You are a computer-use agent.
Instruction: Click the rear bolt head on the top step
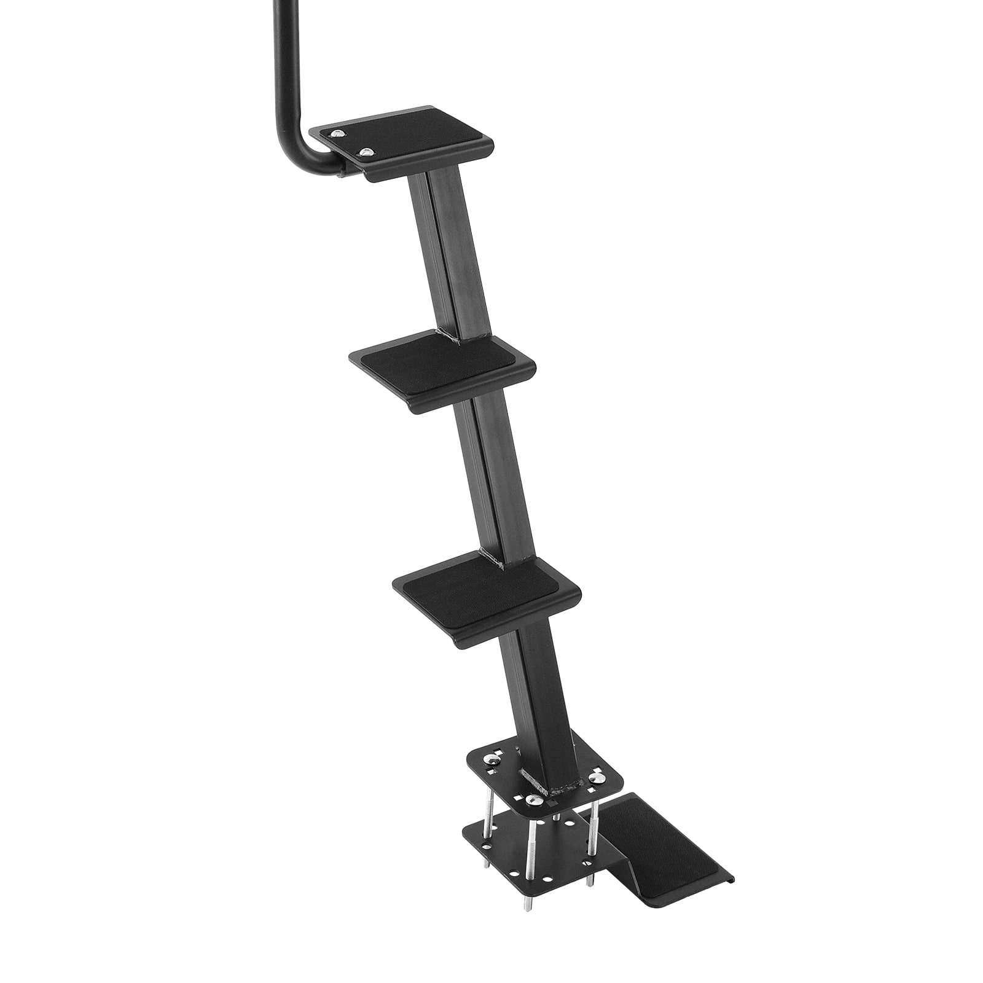coord(336,133)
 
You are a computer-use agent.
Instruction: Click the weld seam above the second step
coord(448,335)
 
